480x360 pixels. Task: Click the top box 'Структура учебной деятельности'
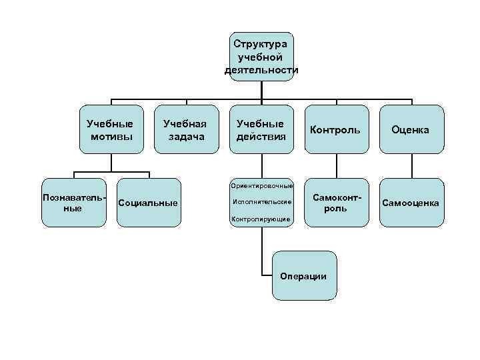tap(261, 56)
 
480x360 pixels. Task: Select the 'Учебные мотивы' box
tap(110, 130)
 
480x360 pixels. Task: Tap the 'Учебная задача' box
tap(185, 130)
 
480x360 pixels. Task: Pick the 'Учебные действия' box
tap(261, 130)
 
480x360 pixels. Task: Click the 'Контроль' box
tap(336, 130)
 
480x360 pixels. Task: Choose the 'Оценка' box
tap(411, 130)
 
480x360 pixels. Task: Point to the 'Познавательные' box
tap(73, 203)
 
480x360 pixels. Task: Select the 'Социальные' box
tap(148, 203)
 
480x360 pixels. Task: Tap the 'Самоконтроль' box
tap(336, 203)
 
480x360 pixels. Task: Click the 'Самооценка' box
tap(411, 203)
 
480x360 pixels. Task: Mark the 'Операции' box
tap(304, 276)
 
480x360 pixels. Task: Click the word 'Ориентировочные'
tap(261, 185)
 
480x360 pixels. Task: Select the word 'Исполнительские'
tap(262, 201)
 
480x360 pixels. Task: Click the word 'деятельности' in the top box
tap(261, 69)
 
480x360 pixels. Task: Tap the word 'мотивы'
tap(110, 137)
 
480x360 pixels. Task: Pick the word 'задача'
tap(185, 137)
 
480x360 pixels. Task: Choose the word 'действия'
tap(261, 137)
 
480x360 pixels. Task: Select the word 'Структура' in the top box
tap(261, 43)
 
